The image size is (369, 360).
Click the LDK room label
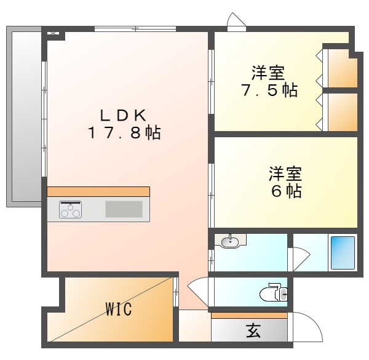tap(123, 114)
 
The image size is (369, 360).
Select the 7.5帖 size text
tap(268, 90)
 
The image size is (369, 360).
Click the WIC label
tap(118, 309)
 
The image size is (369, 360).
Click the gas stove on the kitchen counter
tap(71, 210)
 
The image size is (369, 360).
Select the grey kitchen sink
tap(123, 209)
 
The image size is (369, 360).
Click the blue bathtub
tap(343, 252)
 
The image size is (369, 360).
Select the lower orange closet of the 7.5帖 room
tap(342, 112)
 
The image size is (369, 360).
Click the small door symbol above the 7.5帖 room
tap(236, 23)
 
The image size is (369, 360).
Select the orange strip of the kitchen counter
tap(98, 191)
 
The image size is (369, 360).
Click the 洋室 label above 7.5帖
tap(268, 73)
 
